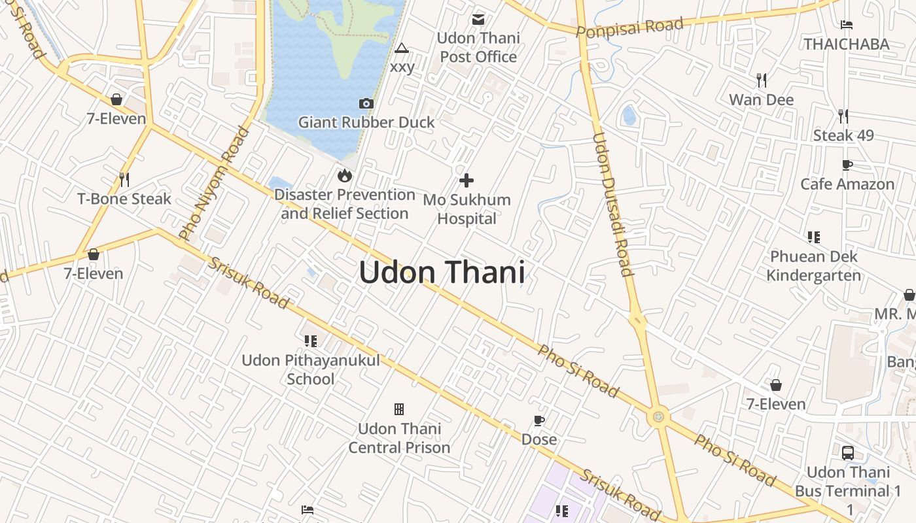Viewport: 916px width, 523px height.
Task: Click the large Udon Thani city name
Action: point(442,272)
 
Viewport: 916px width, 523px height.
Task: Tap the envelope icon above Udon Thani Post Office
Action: point(478,20)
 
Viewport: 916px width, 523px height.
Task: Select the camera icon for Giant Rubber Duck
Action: point(366,103)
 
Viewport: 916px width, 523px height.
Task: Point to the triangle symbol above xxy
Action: point(401,48)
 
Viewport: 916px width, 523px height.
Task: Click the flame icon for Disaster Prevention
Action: point(344,175)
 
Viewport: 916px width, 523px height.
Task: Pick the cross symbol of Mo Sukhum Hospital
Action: point(467,180)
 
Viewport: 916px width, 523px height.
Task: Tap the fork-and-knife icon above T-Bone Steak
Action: point(124,179)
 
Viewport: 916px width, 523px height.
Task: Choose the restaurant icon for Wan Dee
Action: point(761,80)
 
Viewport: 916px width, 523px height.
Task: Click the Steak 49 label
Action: point(843,136)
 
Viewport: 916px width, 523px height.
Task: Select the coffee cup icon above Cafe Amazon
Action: point(847,165)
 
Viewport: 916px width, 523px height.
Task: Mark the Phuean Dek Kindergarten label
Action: point(813,265)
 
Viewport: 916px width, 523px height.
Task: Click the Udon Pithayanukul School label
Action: point(311,369)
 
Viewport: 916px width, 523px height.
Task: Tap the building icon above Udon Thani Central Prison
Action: point(399,409)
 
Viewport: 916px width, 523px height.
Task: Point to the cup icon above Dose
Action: point(539,420)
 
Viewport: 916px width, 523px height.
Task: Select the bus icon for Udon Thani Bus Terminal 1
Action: point(848,452)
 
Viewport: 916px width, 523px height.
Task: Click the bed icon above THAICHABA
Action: point(847,25)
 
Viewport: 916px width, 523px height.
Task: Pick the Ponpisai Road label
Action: point(630,27)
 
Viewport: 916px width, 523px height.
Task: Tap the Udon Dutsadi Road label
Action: point(612,204)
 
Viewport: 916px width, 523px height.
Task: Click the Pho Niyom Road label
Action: point(214,182)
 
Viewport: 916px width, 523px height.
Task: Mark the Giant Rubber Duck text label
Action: point(366,122)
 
